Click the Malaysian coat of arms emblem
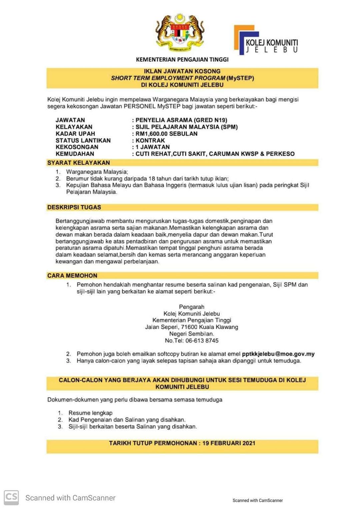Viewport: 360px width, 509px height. click(180, 33)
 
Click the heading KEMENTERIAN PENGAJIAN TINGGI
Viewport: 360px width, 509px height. click(182, 60)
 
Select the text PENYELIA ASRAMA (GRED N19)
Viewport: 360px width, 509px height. click(181, 120)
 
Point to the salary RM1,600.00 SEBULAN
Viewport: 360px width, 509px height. click(166, 134)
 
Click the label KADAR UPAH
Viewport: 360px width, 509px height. click(75, 134)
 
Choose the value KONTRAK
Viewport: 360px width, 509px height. click(150, 140)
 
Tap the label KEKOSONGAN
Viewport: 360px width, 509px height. click(77, 147)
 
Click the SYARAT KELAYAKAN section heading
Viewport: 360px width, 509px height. click(78, 163)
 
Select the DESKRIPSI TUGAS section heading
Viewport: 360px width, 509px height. click(74, 207)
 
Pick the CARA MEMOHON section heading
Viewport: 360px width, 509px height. click(72, 275)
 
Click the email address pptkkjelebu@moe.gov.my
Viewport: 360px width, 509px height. click(278, 354)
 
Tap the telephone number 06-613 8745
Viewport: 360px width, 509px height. click(202, 340)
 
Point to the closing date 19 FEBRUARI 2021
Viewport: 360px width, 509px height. click(229, 443)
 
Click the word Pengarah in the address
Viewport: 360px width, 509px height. click(191, 307)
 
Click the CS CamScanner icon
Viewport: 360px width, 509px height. click(11, 497)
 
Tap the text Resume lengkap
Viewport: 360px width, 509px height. click(90, 413)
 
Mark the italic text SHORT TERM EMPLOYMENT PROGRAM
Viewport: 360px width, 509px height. click(168, 78)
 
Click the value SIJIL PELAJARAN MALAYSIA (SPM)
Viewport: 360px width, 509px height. click(186, 127)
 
